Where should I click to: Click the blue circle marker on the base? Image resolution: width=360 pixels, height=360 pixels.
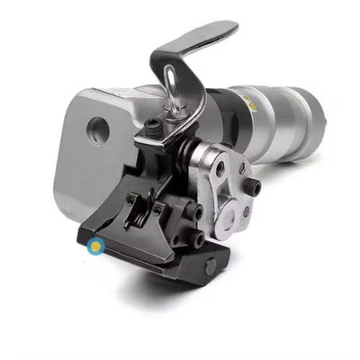[x=95, y=244]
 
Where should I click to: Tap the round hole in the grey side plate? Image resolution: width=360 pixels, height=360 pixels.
[x=98, y=130]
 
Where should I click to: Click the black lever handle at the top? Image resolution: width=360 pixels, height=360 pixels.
[x=197, y=43]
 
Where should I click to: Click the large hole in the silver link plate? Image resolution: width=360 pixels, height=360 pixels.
[x=219, y=168]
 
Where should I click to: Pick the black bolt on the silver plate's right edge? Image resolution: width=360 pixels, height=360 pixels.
[x=255, y=188]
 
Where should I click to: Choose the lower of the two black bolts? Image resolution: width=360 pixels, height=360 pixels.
[x=196, y=240]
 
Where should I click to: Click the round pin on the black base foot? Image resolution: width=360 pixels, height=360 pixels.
[x=210, y=266]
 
